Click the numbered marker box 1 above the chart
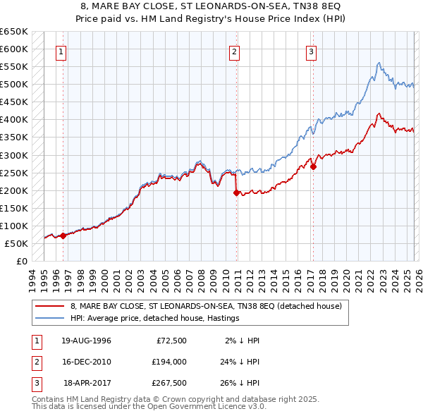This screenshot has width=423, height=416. tap(62, 51)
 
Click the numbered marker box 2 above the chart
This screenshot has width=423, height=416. tap(234, 51)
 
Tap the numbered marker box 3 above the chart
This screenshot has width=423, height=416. tap(311, 51)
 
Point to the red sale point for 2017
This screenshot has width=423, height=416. tap(313, 166)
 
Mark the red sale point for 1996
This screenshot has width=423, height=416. tap(63, 235)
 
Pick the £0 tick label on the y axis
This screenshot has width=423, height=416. tap(21, 261)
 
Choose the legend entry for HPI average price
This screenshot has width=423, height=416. tap(154, 318)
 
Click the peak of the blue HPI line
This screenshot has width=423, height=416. tap(379, 63)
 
